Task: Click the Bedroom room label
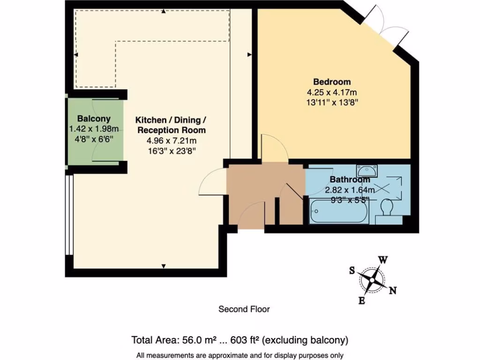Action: coord(332,82)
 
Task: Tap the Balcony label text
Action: coord(94,119)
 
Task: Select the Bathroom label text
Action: coord(350,180)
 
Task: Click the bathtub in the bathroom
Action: coord(339,210)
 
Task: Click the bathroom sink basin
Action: coord(367,170)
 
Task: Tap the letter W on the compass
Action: coord(383,260)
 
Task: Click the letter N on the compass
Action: coord(393,290)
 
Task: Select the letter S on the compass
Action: coord(352,270)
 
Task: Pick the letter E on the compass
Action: coord(361,300)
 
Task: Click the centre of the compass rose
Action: coord(372,280)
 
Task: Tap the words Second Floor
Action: coord(244,309)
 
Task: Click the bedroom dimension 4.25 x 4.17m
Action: coord(332,92)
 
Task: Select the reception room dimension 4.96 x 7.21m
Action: coord(172,141)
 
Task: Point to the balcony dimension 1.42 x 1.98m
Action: coord(94,129)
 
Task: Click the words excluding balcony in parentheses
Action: coord(305,340)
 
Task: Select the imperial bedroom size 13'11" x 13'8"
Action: coord(332,102)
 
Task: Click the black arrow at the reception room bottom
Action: coord(164,266)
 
